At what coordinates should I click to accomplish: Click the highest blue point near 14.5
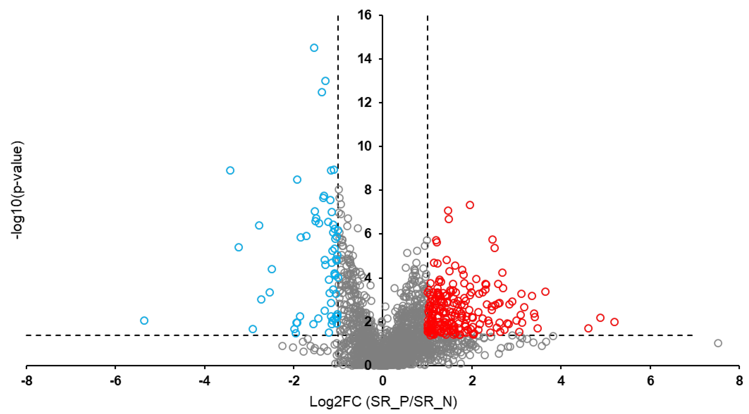(x=314, y=48)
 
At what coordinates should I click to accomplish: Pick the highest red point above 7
(x=470, y=205)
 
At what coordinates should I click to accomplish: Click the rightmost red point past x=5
(x=614, y=322)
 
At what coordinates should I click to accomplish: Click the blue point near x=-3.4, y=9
(x=230, y=170)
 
